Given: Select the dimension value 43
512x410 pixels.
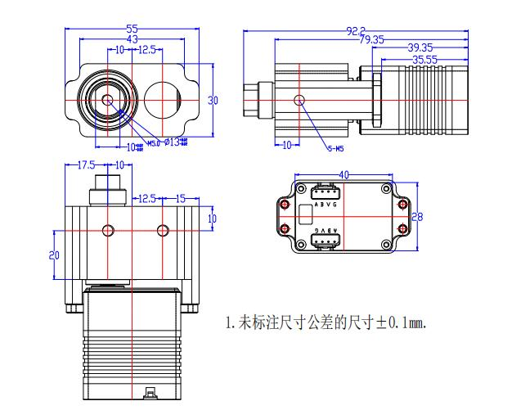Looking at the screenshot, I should click(x=132, y=38).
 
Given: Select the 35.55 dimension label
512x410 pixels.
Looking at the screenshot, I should click(x=424, y=59).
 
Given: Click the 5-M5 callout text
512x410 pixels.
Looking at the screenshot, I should click(x=335, y=148).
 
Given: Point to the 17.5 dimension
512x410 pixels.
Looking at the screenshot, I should click(x=86, y=164).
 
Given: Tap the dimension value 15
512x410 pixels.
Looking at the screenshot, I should click(x=182, y=198).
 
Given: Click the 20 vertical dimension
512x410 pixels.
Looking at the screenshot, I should click(x=54, y=255).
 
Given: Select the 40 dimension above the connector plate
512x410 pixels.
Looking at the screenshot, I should click(x=344, y=174).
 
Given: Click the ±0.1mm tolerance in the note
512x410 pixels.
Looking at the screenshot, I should click(x=400, y=322).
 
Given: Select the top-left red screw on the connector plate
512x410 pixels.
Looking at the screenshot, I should click(x=285, y=203).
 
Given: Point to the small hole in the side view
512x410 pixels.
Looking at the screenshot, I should click(x=300, y=100).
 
